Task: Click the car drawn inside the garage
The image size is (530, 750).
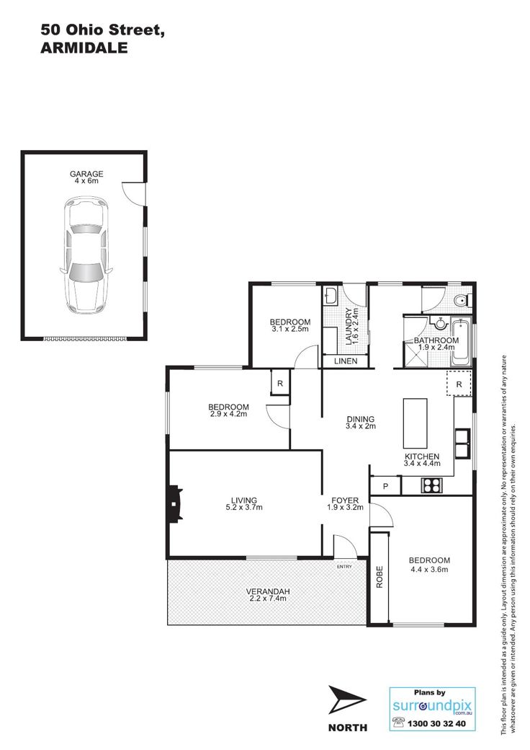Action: tap(86, 255)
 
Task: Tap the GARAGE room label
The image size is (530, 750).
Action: tap(86, 174)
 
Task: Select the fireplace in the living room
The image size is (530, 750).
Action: tap(175, 503)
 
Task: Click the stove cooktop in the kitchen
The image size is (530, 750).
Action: tap(431, 485)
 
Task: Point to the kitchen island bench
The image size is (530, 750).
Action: tap(416, 423)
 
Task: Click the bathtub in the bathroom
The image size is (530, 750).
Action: tap(462, 343)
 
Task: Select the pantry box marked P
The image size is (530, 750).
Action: tap(385, 486)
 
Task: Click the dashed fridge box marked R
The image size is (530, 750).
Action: tap(459, 383)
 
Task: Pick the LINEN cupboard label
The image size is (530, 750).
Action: tap(346, 361)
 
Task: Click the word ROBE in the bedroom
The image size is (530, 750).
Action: tap(379, 577)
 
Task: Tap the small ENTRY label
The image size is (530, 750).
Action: tap(344, 567)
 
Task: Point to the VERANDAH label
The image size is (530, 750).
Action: tap(268, 591)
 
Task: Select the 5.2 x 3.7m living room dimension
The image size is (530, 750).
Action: tap(244, 508)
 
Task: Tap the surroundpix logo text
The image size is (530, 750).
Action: tap(432, 706)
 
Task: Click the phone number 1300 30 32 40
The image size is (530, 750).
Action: tap(436, 724)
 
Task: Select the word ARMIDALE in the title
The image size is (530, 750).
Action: tap(84, 48)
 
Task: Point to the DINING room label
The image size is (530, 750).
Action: tap(361, 419)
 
